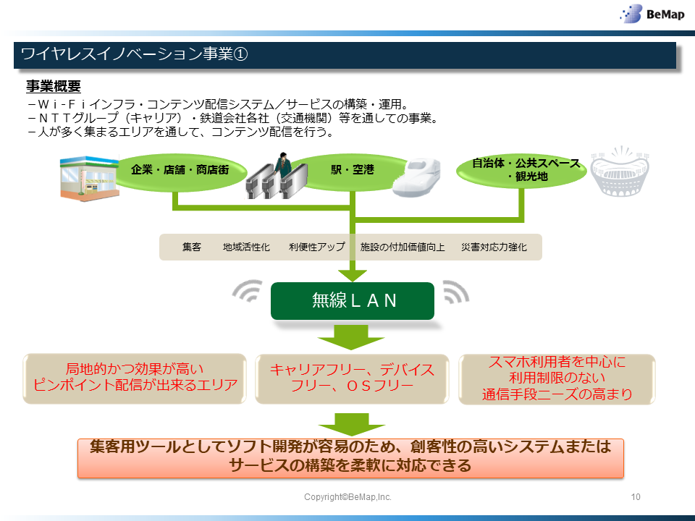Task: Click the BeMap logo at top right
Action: tap(652, 14)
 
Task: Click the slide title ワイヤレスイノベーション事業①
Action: tap(135, 54)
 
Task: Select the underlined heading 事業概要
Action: tap(53, 86)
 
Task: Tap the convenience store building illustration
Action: tap(90, 178)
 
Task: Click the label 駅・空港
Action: tap(353, 169)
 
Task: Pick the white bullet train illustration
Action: tap(417, 177)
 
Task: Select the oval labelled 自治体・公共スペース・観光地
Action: tap(522, 170)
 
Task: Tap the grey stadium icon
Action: tap(620, 171)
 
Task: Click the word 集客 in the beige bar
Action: tap(191, 247)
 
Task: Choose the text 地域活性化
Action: tap(246, 247)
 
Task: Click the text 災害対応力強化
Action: tap(494, 247)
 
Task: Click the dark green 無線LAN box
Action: tap(353, 301)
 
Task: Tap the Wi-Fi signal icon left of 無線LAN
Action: tap(248, 291)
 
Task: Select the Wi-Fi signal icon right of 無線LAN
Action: tap(455, 292)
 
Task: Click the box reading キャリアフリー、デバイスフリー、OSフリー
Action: tap(352, 378)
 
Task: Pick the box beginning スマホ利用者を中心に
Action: tap(557, 379)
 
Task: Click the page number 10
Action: tap(636, 497)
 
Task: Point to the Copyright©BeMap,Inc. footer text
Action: tap(347, 497)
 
